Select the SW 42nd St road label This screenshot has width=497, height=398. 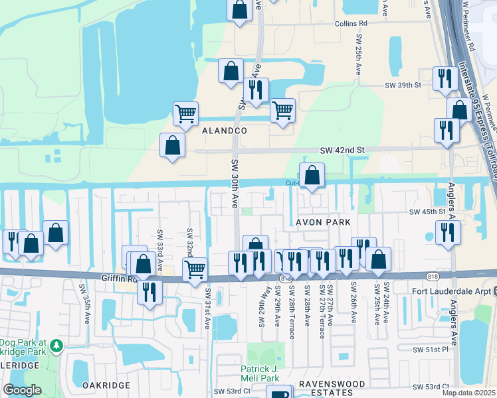pyautogui.click(x=343, y=151)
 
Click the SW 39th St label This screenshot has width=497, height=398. pyautogui.click(x=404, y=86)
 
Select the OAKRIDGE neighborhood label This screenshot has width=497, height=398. pyautogui.click(x=104, y=385)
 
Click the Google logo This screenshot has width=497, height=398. pyautogui.click(x=23, y=390)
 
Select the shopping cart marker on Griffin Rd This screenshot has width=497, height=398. pyautogui.click(x=195, y=270)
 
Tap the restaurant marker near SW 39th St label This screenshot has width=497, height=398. pyautogui.click(x=445, y=78)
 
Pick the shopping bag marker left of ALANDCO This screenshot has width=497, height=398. pyautogui.click(x=172, y=146)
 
